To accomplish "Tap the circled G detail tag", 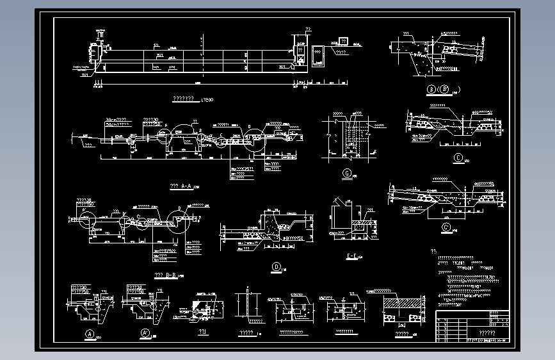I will [x=347, y=173].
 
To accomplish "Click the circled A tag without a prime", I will [x=90, y=333].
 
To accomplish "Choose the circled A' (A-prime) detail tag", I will [x=145, y=333].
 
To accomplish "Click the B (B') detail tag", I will [x=439, y=89].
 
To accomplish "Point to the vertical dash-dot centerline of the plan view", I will [x=202, y=58].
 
